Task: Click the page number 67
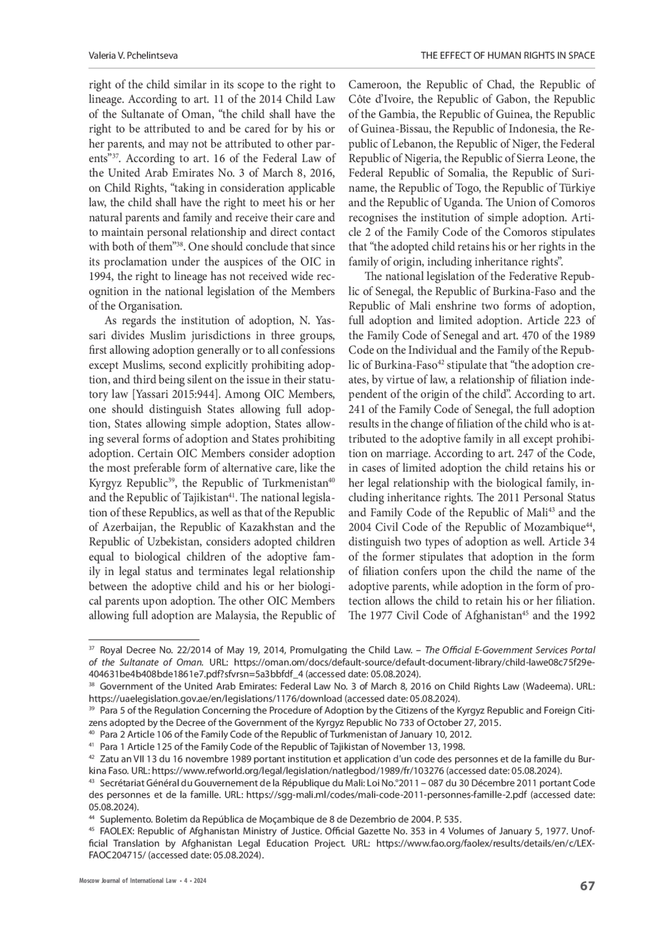click(x=587, y=886)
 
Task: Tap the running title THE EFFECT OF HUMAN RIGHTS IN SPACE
click(x=508, y=55)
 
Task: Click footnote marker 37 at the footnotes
click(x=92, y=649)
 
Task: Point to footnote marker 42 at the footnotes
click(x=92, y=757)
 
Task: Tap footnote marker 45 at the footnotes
click(x=92, y=830)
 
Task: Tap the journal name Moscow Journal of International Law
click(x=122, y=881)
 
